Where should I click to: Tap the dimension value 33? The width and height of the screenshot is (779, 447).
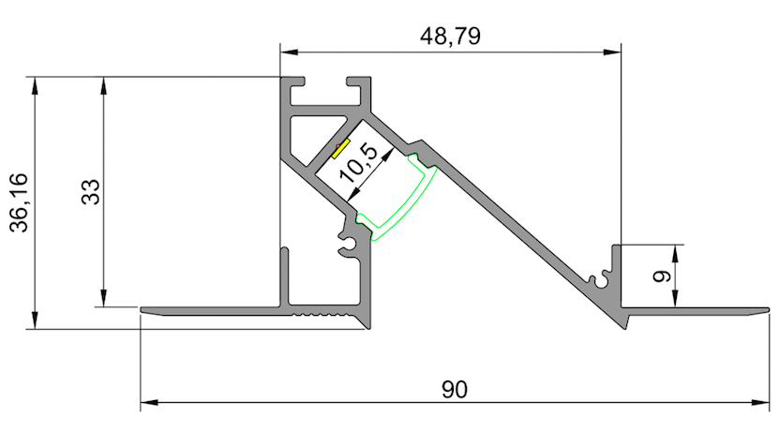pos(90,193)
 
